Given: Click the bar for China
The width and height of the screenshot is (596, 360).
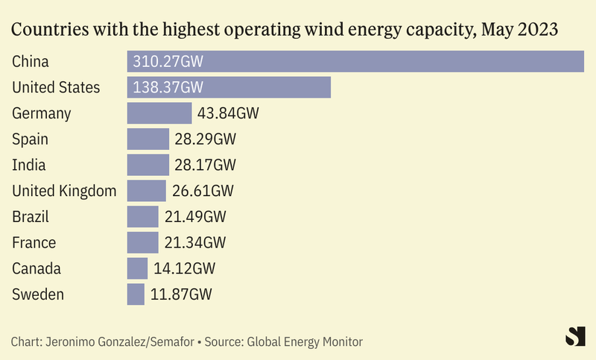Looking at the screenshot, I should point(355,61).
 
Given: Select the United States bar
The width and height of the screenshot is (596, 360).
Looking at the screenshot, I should point(229,87).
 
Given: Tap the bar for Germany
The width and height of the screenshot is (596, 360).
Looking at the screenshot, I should point(159,113).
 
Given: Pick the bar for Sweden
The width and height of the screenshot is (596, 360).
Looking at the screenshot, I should point(136,294).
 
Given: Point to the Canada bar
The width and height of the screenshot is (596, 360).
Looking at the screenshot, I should point(137,268).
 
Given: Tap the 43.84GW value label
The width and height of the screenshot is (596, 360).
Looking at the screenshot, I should point(228,113).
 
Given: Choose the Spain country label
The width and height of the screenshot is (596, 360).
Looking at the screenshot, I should point(32,139).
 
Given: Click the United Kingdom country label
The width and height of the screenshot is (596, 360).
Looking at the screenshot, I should point(64,191).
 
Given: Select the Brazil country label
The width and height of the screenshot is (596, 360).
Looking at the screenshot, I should point(31,217).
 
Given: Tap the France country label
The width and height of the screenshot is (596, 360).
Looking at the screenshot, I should point(34,242).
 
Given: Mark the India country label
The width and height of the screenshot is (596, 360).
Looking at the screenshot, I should point(29,165).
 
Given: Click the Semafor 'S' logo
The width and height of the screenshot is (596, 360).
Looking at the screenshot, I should point(574,336).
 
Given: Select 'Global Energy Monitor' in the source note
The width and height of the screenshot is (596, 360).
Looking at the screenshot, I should point(305,342).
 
